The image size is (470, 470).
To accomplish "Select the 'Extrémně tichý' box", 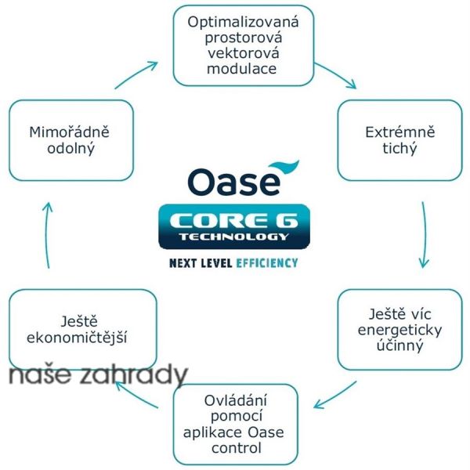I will (399, 140).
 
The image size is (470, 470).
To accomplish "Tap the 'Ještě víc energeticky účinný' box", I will (399, 330).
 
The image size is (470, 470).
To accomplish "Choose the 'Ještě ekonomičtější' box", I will (82, 329).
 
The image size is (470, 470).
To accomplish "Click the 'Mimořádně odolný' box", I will (71, 139).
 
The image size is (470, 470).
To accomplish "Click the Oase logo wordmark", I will (233, 181).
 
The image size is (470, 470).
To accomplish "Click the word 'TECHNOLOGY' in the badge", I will (233, 236).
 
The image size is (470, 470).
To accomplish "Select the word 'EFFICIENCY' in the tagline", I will (266, 263).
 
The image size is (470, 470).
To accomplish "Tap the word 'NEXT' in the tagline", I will (186, 263).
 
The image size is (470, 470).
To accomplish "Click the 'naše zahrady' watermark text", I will (98, 377).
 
